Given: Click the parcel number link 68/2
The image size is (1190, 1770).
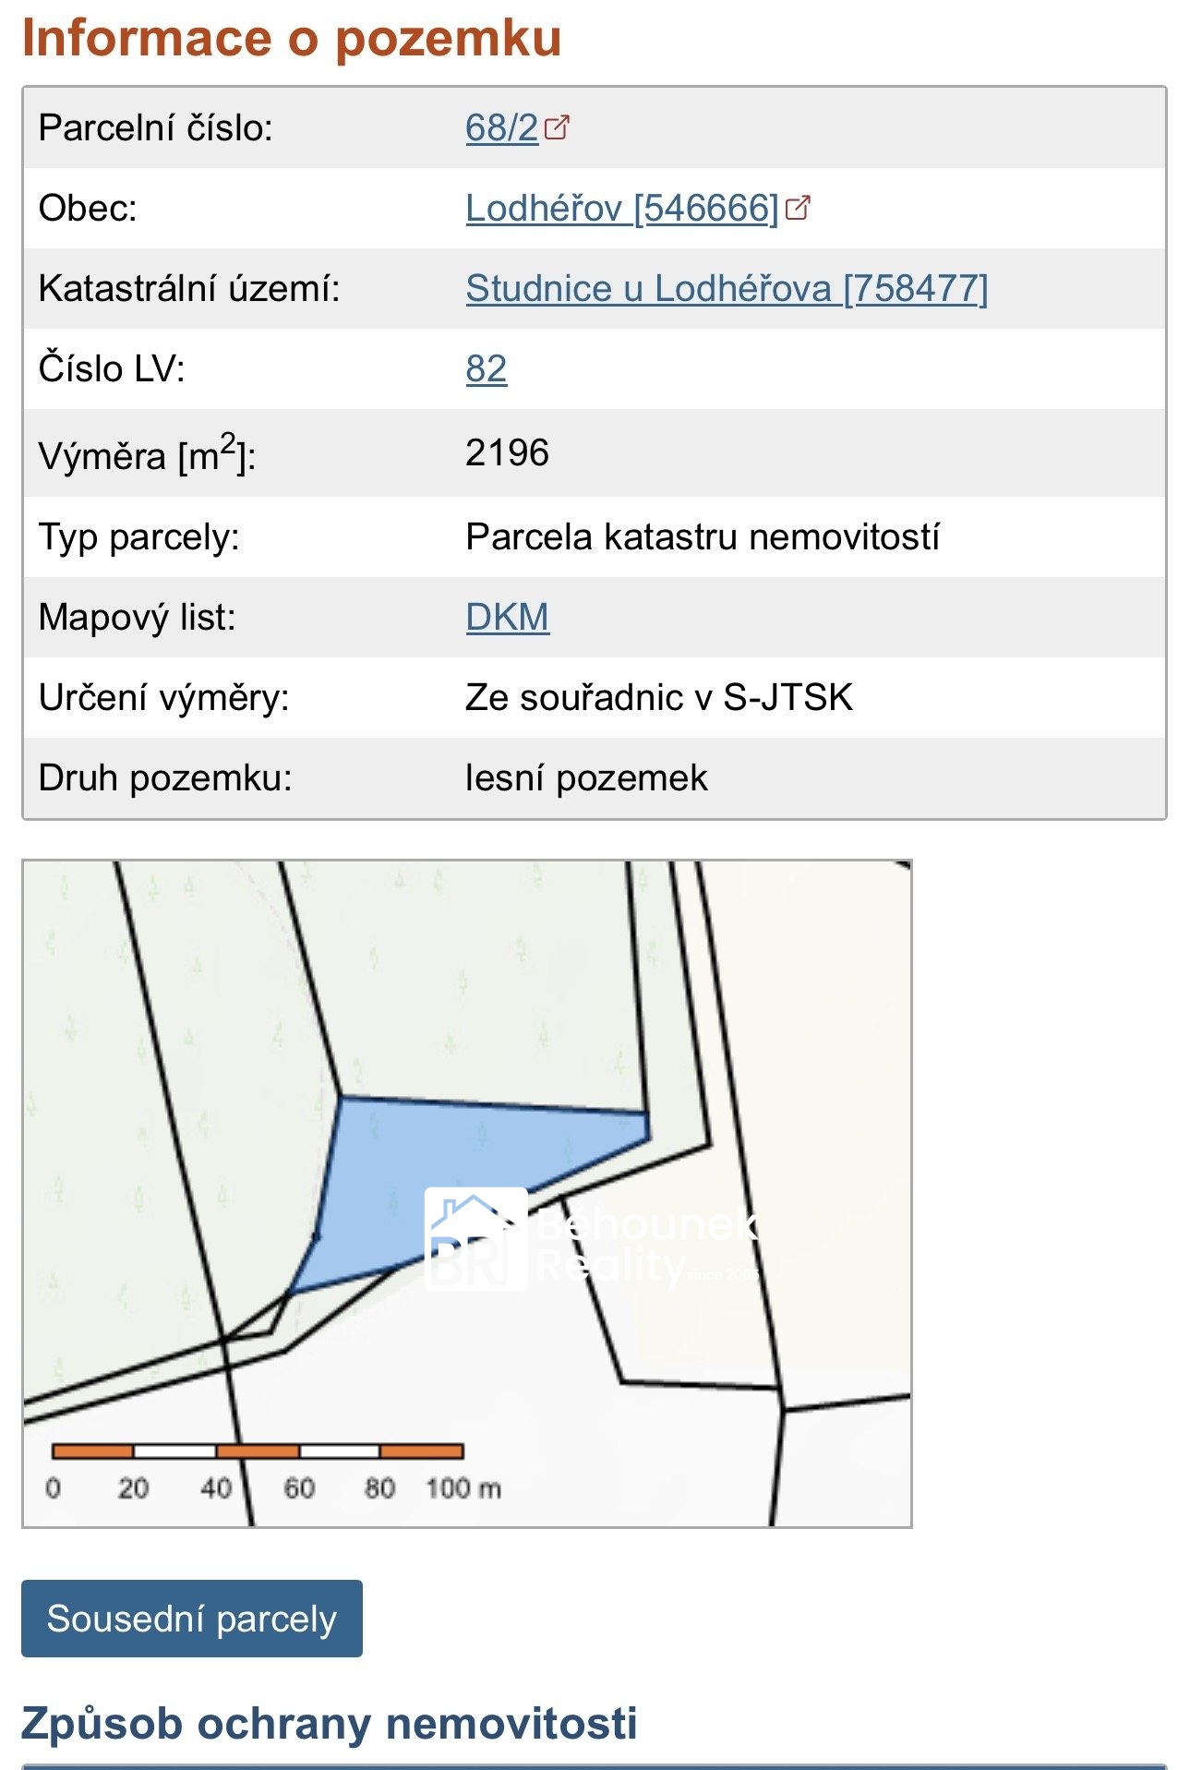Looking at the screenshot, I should [501, 128].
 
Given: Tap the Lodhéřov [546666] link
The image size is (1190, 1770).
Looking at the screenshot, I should [621, 209].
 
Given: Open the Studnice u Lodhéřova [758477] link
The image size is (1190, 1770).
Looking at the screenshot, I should [726, 289].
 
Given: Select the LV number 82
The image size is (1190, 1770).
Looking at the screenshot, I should [486, 369].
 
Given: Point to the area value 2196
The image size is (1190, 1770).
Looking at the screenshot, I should [507, 452].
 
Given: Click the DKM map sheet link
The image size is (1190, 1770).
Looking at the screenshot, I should [507, 617].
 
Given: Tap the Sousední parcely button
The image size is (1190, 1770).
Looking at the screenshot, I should [192, 1619].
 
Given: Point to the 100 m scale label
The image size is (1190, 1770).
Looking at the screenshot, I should [463, 1488].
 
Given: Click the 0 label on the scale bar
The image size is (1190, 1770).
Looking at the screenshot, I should [54, 1488].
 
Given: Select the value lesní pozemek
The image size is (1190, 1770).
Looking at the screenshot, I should [586, 778].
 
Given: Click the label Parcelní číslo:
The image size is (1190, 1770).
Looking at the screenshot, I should [156, 128].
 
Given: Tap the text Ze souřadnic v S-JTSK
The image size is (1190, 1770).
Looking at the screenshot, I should [659, 698].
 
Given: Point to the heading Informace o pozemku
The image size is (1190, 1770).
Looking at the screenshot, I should [292, 39].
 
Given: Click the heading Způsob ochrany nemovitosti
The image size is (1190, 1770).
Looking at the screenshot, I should [330, 1723].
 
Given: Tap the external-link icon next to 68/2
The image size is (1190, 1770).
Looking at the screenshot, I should [558, 126].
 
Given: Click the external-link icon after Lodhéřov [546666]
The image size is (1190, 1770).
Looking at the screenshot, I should [798, 208].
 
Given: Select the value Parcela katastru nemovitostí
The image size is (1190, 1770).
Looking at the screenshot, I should [703, 537].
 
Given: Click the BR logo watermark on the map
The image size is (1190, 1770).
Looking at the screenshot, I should [475, 1238].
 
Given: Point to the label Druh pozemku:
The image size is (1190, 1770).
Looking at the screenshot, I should [165, 778].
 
